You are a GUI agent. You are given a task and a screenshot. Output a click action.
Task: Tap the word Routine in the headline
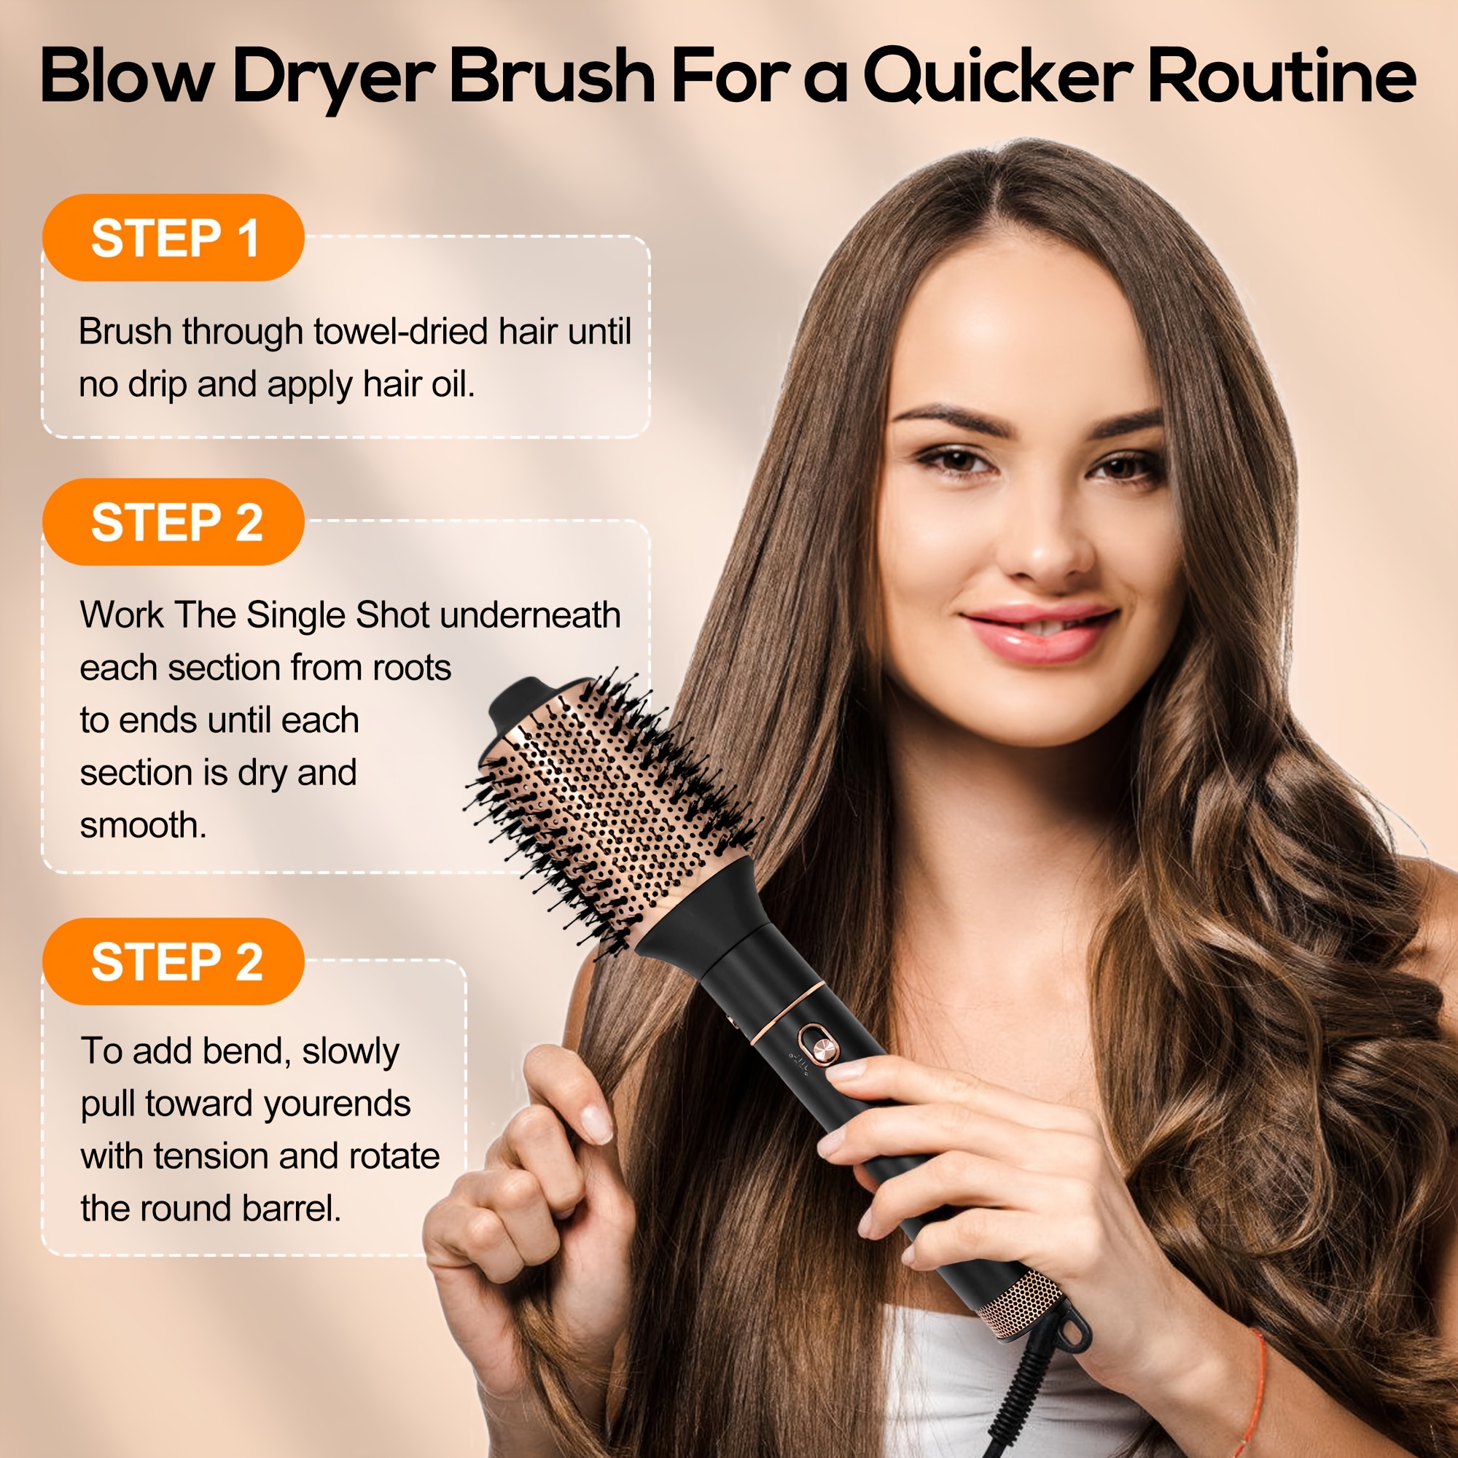(x=1282, y=76)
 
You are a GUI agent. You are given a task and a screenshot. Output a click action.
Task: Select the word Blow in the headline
(x=124, y=76)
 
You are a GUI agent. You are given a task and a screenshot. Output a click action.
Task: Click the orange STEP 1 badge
(x=174, y=238)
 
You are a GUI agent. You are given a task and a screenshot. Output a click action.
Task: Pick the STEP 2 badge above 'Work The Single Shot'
(x=174, y=522)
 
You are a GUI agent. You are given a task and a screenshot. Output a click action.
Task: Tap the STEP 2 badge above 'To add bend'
(x=174, y=962)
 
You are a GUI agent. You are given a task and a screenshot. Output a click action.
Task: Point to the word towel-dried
(x=400, y=331)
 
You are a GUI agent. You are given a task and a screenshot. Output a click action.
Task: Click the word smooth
(x=143, y=826)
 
